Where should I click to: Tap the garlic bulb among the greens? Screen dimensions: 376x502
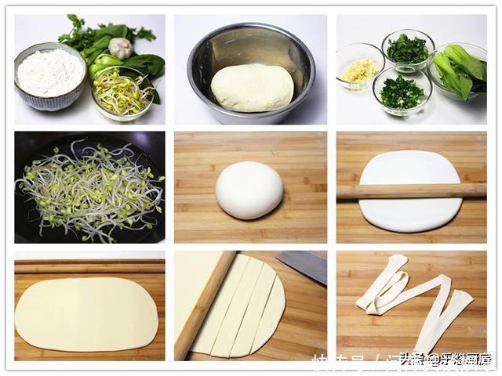point(121,49)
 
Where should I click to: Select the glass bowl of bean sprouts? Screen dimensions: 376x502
point(122,93)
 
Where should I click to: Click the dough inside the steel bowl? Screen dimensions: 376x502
point(251,87)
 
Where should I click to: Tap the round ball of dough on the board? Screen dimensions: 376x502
point(249,190)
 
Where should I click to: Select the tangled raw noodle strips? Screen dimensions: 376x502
point(412,302)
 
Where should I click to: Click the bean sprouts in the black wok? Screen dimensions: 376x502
point(89,189)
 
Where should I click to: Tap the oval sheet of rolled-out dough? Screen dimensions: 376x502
point(86,314)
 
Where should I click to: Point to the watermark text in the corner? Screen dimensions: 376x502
point(443,359)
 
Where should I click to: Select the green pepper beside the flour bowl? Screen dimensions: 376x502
point(102,63)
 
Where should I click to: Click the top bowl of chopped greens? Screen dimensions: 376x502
point(408,49)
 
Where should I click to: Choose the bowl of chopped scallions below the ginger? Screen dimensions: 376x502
point(402,92)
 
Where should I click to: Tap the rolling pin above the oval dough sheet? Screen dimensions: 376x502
point(89,266)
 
